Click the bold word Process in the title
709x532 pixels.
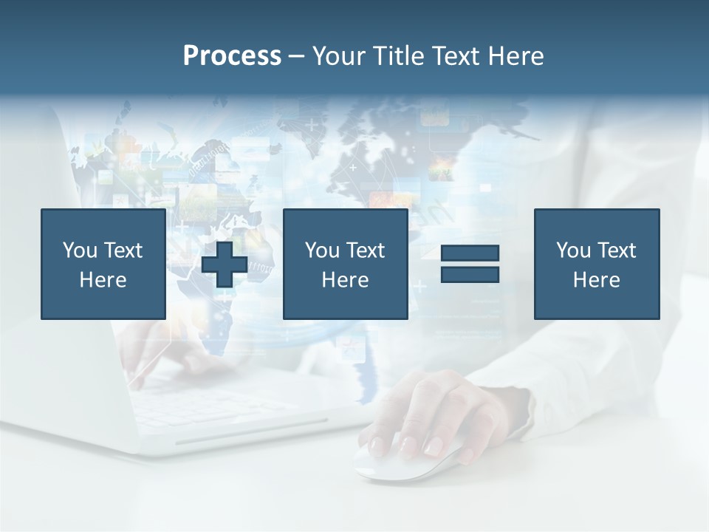(x=232, y=56)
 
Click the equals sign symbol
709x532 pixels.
(x=470, y=264)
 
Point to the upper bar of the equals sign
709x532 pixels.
(x=470, y=253)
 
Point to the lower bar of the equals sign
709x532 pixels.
(x=470, y=274)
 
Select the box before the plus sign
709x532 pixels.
(x=103, y=264)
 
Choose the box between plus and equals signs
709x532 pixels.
(x=345, y=264)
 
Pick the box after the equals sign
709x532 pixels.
(x=596, y=264)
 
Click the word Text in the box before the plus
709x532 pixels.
(x=123, y=250)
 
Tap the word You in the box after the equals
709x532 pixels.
(x=573, y=250)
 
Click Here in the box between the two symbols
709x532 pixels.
(x=345, y=280)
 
